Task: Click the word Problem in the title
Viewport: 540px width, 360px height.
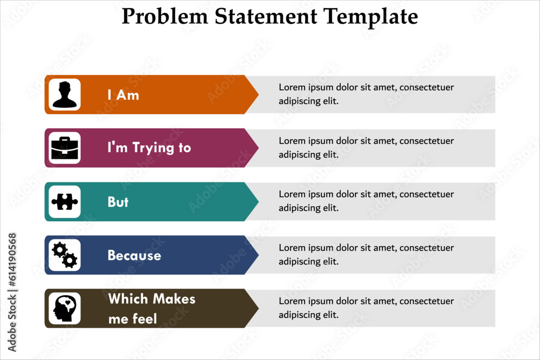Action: [x=165, y=16]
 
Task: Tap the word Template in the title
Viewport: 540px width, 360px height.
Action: [x=370, y=17]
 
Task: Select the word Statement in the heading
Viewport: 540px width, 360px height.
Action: [x=266, y=16]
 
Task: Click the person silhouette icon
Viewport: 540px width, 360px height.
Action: [x=65, y=94]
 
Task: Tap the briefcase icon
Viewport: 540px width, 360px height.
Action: [x=65, y=148]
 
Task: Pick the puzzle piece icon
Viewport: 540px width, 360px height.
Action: [x=65, y=202]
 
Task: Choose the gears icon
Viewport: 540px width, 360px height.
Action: [x=65, y=255]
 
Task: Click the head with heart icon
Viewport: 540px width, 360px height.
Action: [x=65, y=308]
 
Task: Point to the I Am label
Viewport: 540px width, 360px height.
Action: [x=123, y=95]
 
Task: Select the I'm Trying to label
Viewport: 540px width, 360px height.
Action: [x=149, y=148]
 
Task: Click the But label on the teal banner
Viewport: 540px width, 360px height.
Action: [x=118, y=202]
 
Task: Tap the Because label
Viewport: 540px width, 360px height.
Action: [x=134, y=255]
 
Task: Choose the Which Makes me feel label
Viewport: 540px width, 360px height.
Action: [x=152, y=309]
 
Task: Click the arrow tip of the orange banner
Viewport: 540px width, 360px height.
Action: [x=258, y=94]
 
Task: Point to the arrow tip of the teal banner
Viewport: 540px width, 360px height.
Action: [x=258, y=202]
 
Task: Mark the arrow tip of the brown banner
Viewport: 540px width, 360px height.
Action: [x=258, y=308]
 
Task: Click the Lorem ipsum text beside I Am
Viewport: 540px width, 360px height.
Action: [x=366, y=94]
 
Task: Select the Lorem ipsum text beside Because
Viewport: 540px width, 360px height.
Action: [x=366, y=254]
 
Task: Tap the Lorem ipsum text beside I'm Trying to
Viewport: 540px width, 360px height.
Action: [x=366, y=148]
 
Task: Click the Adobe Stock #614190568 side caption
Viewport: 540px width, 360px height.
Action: [x=12, y=292]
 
